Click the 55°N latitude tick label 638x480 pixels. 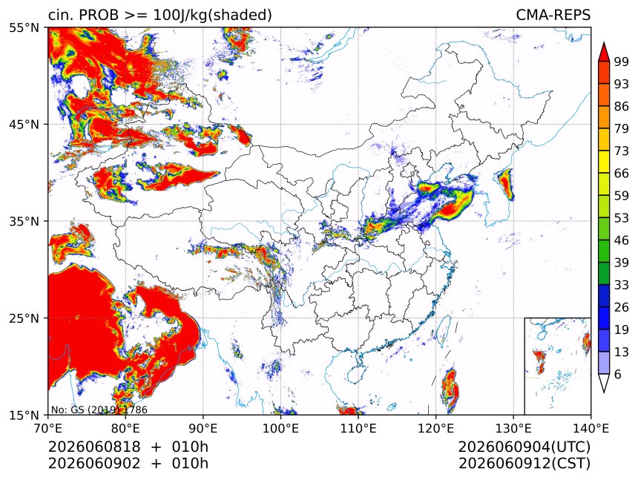pyautogui.click(x=24, y=28)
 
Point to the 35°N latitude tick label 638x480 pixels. pyautogui.click(x=24, y=222)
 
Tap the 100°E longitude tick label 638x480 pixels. pyautogui.click(x=280, y=428)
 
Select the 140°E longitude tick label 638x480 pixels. pyautogui.click(x=591, y=428)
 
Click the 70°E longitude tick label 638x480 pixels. pyautogui.click(x=48, y=428)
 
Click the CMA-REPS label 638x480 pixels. pyautogui.click(x=553, y=15)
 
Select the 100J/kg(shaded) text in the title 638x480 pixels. pyautogui.click(x=212, y=16)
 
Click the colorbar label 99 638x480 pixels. pyautogui.click(x=622, y=62)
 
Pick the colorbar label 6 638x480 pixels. pyautogui.click(x=618, y=374)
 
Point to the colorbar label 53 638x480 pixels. pyautogui.click(x=622, y=218)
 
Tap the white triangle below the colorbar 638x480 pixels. pyautogui.click(x=604, y=381)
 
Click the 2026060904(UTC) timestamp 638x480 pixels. pyautogui.click(x=524, y=447)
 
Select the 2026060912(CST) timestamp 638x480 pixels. pyautogui.click(x=524, y=464)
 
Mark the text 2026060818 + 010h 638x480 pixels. pyautogui.click(x=128, y=447)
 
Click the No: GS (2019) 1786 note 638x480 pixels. pyautogui.click(x=99, y=410)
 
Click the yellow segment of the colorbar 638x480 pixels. pyautogui.click(x=604, y=162)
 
